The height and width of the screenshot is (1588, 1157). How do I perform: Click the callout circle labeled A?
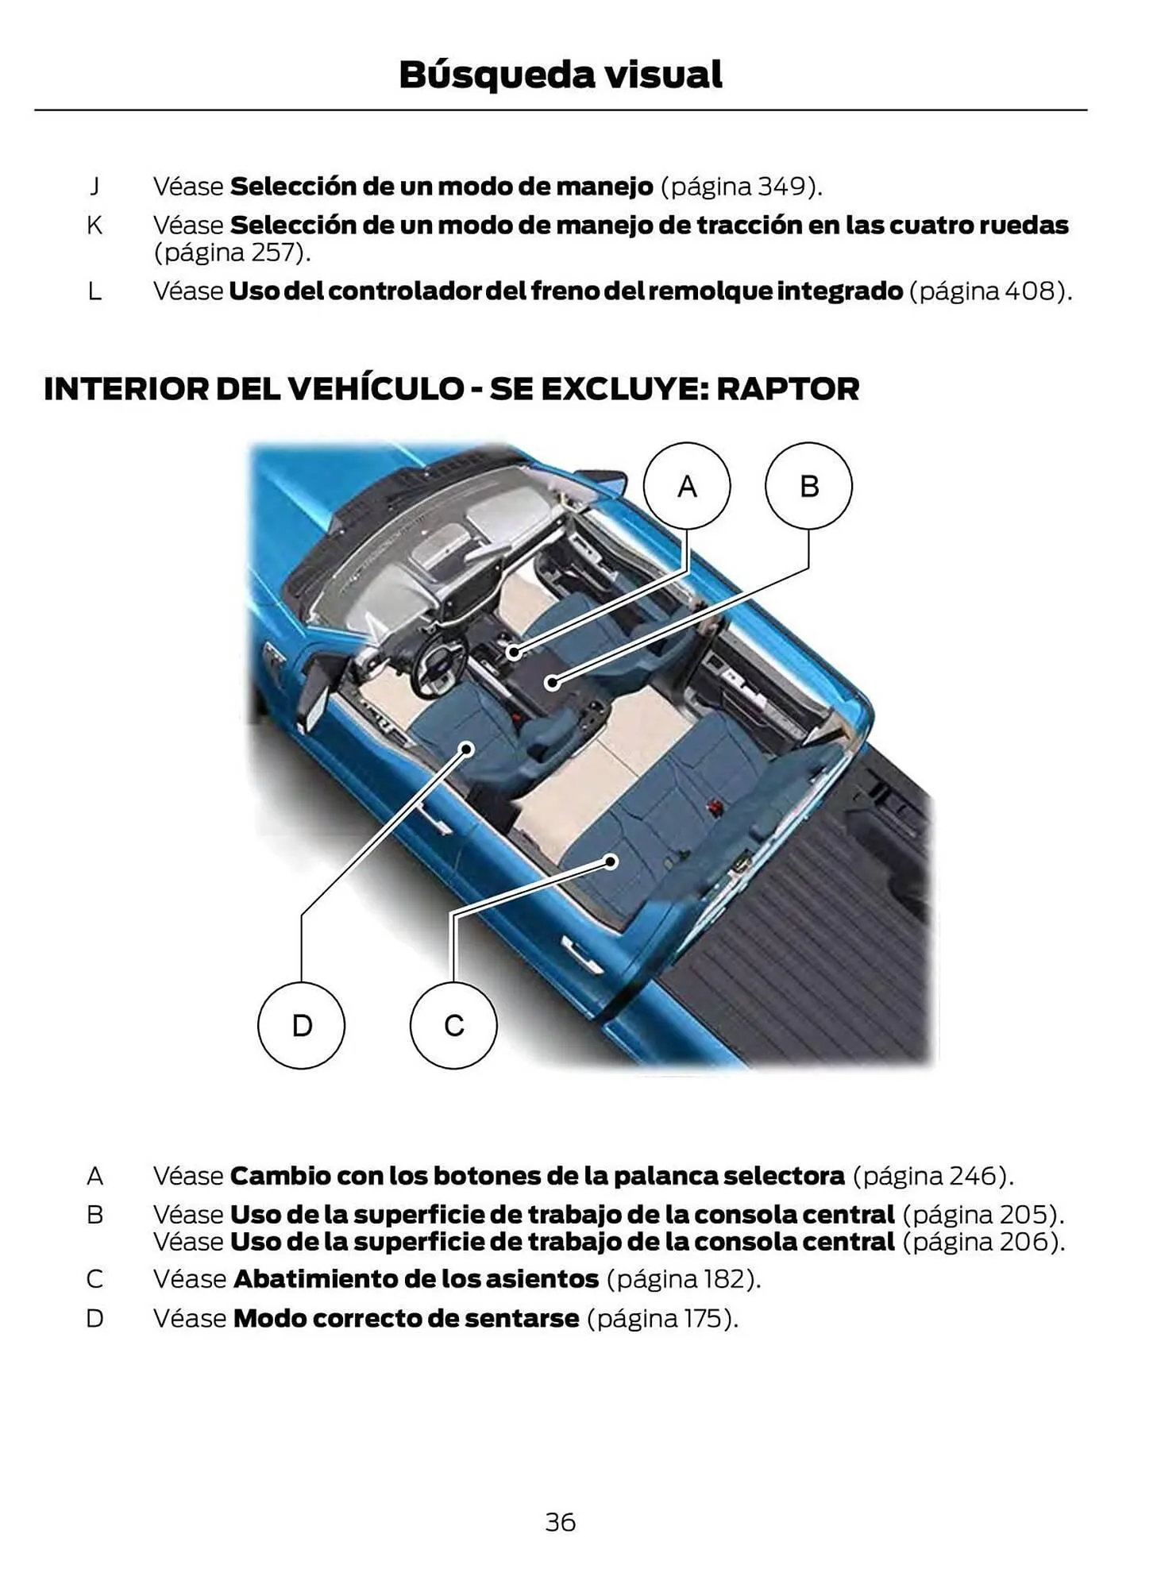click(686, 486)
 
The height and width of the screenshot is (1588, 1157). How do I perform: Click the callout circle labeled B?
click(808, 486)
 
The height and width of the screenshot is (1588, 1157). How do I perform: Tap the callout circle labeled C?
click(453, 1025)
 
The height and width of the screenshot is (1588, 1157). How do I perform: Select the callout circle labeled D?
click(301, 1025)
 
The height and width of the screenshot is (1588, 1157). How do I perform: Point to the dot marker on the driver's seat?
click(468, 749)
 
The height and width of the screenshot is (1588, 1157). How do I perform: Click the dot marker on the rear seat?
click(611, 861)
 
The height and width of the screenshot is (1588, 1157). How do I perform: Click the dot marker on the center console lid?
click(553, 681)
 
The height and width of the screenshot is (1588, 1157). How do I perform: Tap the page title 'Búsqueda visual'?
click(560, 75)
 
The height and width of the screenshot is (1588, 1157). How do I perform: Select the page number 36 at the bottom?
click(560, 1521)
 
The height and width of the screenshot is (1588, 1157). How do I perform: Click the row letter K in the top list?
click(94, 225)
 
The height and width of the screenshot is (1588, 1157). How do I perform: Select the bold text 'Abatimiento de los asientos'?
click(416, 1279)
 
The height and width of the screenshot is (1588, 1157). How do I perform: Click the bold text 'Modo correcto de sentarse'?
click(406, 1318)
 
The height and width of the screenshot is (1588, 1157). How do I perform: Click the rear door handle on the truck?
click(579, 952)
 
